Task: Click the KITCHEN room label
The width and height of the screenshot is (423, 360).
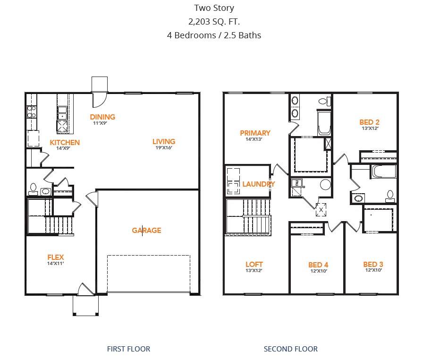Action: point(65,142)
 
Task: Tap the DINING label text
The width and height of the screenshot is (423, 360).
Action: point(102,117)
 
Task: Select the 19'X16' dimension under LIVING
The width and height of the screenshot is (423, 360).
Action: point(163,148)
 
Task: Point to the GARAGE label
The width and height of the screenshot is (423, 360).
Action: point(146,231)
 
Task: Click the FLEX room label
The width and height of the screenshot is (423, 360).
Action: point(55,257)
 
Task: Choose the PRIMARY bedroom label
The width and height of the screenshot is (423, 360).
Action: point(255,133)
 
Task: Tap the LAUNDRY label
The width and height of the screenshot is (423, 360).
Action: point(258,184)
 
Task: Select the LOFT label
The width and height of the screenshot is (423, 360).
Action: point(254,265)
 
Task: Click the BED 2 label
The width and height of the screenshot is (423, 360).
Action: point(369,122)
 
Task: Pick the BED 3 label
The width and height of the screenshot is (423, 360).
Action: point(373,265)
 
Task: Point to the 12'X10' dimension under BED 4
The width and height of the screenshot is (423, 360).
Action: point(318,271)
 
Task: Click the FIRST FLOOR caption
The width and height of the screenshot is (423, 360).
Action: point(128,349)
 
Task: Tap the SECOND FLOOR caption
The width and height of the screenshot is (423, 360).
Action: point(290,349)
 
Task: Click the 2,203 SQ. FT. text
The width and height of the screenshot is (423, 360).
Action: point(214,21)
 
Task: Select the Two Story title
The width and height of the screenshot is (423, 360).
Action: point(214,8)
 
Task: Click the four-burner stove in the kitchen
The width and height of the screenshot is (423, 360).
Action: point(32,112)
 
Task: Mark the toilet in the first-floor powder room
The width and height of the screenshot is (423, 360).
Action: point(33,189)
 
